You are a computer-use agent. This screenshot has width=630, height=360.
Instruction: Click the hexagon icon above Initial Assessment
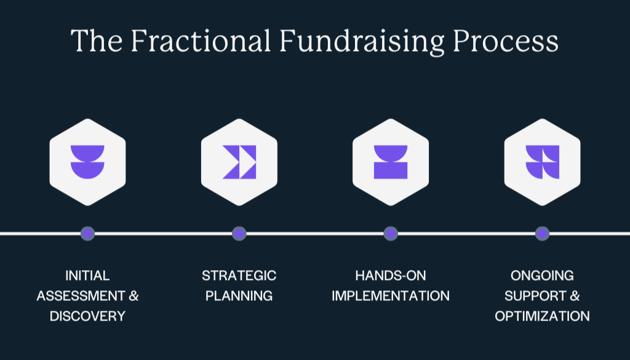tap(87, 162)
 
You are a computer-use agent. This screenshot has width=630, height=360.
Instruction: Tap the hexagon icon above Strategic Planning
tap(239, 162)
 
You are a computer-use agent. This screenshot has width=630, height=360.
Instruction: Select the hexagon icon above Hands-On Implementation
tap(391, 162)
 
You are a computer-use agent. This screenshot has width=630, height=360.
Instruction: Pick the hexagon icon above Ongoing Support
tap(542, 162)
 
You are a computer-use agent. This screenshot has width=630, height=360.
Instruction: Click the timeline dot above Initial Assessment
tap(87, 233)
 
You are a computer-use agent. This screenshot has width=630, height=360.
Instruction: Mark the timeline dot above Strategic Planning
tap(239, 233)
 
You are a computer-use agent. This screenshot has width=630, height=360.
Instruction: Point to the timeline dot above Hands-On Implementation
tap(391, 233)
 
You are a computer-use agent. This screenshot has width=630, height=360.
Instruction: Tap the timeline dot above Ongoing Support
tap(542, 233)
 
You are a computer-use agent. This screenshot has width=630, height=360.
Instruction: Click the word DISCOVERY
tap(87, 316)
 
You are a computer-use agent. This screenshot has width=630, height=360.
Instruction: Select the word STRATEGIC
tap(239, 275)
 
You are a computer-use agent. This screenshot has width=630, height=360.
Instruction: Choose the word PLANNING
tap(239, 296)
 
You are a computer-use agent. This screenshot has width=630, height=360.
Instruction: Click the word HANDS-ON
tap(391, 275)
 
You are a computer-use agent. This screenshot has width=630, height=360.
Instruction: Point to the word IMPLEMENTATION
tap(391, 296)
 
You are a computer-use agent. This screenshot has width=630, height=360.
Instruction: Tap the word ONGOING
tap(542, 275)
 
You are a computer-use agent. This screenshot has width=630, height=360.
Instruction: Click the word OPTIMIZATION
tap(542, 316)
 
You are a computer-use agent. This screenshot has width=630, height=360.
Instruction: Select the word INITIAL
tap(87, 275)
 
